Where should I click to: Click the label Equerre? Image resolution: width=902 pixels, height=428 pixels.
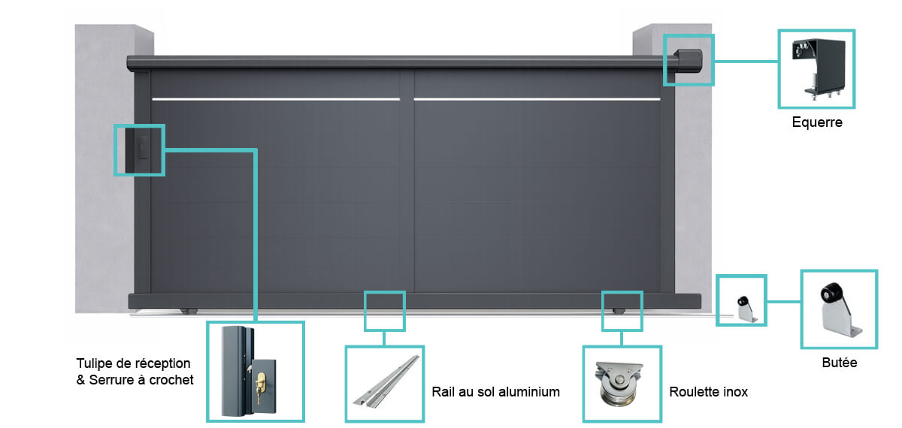tap(817, 122)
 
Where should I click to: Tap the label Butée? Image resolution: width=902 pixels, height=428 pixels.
tap(839, 363)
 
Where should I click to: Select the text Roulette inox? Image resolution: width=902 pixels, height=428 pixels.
tap(708, 392)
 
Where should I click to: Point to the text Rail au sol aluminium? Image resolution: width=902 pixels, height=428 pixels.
tap(495, 392)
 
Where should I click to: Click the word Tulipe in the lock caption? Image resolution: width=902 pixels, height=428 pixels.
tap(94, 363)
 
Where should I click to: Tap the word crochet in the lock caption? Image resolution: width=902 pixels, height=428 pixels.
tap(171, 380)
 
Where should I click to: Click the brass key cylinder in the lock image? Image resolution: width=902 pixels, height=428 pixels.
tap(261, 384)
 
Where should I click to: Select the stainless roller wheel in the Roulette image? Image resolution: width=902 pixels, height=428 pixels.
tap(619, 385)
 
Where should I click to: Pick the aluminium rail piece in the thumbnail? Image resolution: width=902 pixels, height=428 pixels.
tap(386, 381)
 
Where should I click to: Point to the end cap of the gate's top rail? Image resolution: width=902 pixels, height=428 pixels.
tap(689, 61)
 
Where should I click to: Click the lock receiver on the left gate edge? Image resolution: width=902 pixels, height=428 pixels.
tap(137, 150)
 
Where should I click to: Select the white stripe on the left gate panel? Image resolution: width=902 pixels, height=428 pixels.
tap(276, 99)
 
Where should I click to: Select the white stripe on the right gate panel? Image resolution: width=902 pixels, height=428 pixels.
tap(537, 99)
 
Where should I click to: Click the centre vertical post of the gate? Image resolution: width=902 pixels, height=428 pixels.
tap(407, 182)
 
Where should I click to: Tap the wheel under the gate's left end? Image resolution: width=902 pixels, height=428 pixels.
tap(189, 311)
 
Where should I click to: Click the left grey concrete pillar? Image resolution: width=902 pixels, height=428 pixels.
tap(104, 169)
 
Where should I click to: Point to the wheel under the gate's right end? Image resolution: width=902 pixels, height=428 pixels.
tap(619, 311)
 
